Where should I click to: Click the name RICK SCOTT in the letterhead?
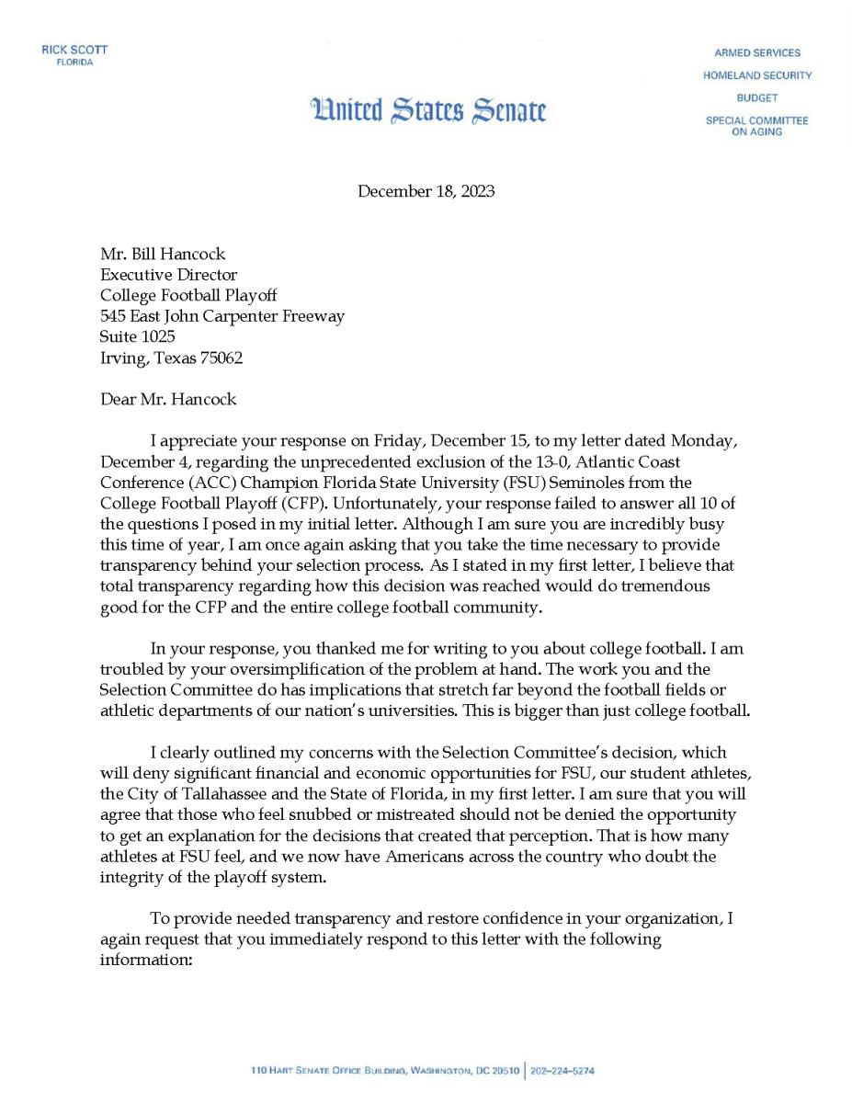click(74, 50)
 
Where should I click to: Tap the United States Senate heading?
click(429, 111)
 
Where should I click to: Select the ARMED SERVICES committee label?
click(756, 52)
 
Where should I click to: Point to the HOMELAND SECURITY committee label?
click(756, 75)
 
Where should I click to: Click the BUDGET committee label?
click(756, 97)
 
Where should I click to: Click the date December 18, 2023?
click(426, 191)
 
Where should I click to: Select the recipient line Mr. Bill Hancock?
click(163, 254)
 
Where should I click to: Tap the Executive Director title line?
click(168, 275)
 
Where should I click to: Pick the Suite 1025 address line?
click(137, 336)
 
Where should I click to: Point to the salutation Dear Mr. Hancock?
click(168, 399)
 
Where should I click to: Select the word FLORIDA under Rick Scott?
click(74, 63)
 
